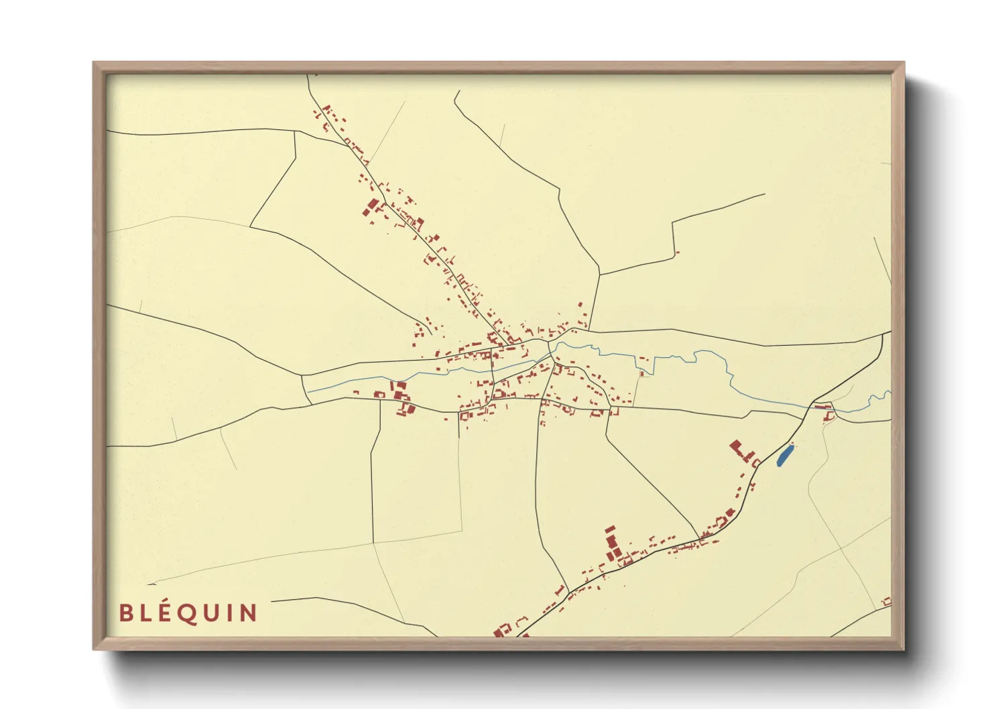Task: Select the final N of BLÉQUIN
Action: click(249, 613)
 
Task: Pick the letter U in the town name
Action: click(213, 613)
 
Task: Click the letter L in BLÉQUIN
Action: click(146, 613)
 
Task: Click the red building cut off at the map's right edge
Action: click(887, 601)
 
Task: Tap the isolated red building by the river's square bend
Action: click(642, 373)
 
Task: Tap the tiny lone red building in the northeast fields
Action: click(677, 253)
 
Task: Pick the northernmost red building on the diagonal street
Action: click(326, 108)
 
